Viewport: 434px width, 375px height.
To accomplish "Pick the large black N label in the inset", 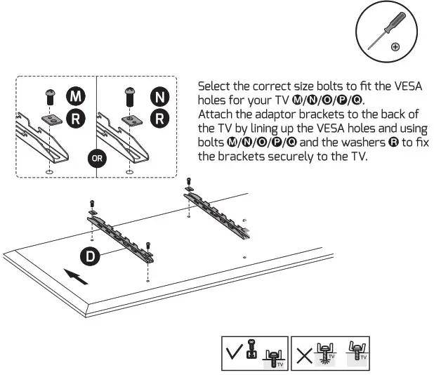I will [160, 96].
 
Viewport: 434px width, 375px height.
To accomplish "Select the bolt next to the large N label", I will [129, 96].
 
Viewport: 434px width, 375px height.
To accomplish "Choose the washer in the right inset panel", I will [129, 119].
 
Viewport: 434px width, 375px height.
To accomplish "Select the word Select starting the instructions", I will [215, 86].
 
